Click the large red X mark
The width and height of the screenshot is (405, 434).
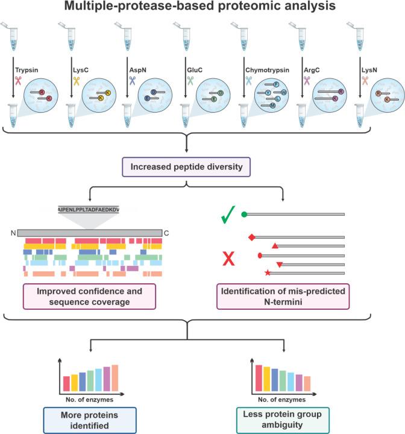229,259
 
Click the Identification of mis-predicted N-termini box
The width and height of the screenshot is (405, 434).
284,297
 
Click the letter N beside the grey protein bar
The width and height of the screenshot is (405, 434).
11,233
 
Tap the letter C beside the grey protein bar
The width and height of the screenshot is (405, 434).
167,233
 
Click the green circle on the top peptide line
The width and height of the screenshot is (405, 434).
243,213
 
